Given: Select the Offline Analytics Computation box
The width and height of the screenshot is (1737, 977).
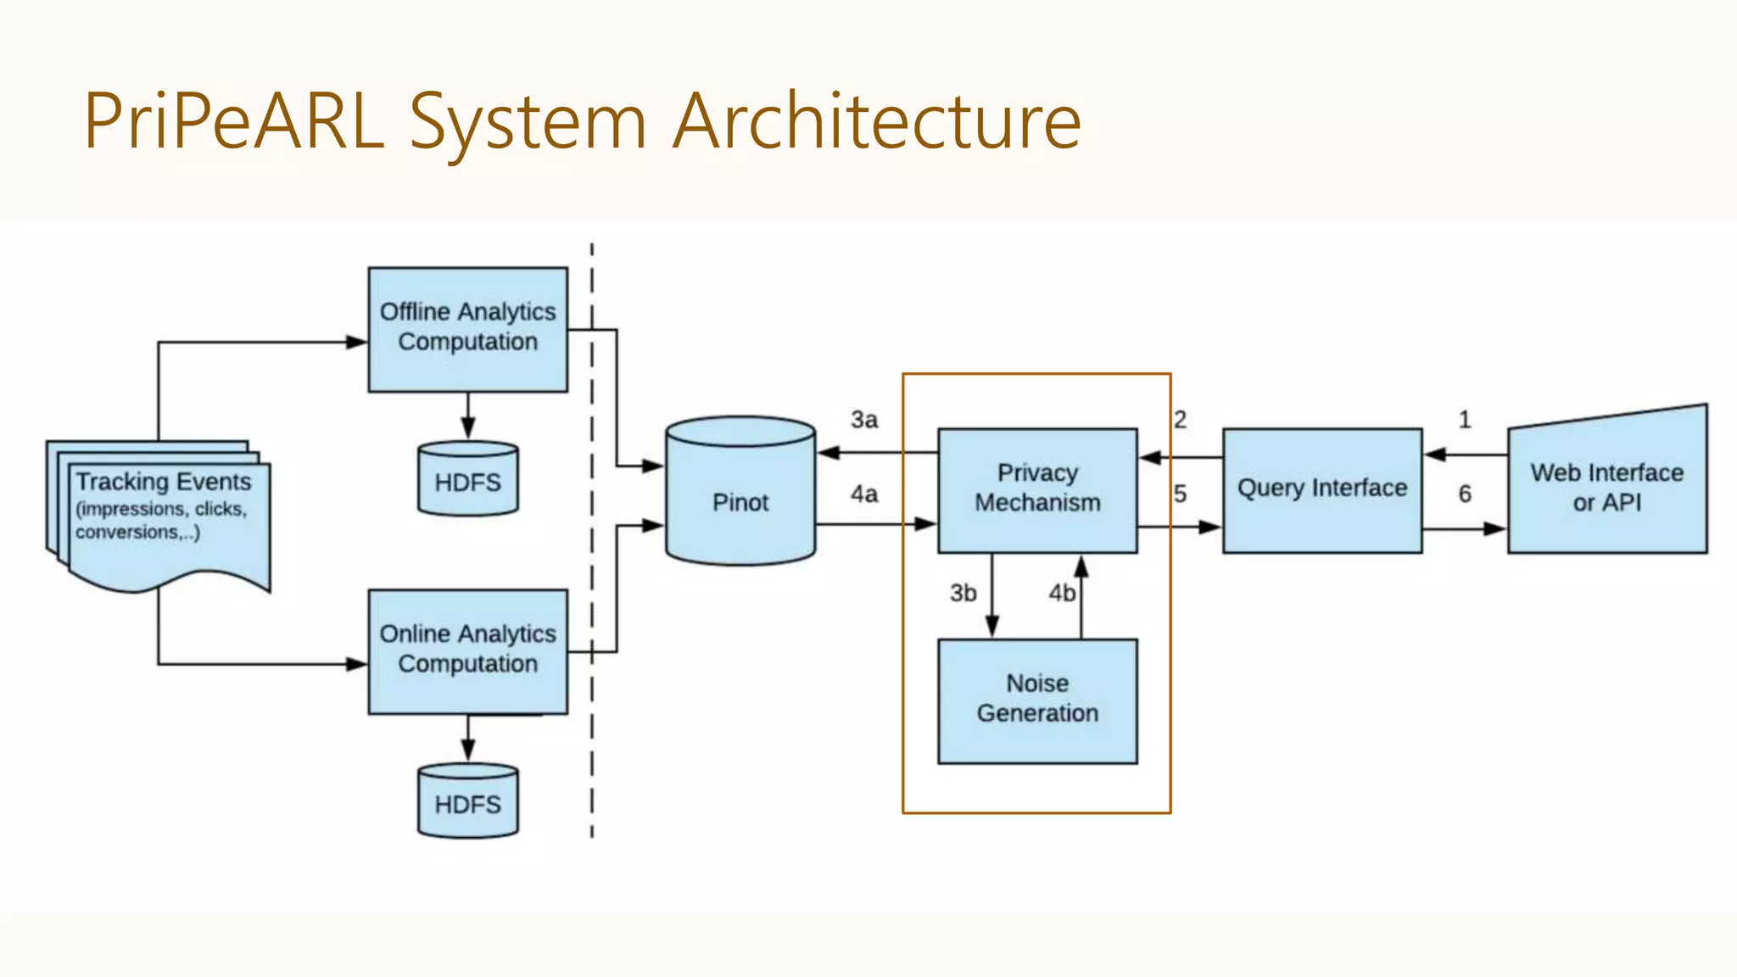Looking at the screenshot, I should click(x=467, y=329).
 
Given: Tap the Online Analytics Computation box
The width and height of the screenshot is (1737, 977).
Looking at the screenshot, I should click(x=467, y=651).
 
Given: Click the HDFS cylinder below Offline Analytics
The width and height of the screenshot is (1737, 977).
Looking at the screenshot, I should click(x=467, y=480).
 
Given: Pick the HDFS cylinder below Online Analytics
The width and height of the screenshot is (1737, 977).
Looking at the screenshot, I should click(x=467, y=801).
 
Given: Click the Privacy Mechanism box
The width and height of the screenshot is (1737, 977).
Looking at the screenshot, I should click(x=1037, y=489).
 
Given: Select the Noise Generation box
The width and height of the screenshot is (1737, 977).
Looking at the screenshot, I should click(x=1037, y=701).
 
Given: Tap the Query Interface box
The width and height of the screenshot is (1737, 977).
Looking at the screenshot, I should click(x=1321, y=489).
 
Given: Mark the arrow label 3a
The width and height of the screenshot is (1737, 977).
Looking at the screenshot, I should click(x=864, y=420).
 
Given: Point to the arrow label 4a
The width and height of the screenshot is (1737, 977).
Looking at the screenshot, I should click(x=864, y=494).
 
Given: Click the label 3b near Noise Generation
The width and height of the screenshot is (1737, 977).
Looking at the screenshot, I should click(x=963, y=593).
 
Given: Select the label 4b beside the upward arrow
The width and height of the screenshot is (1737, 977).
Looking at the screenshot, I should click(x=1061, y=593).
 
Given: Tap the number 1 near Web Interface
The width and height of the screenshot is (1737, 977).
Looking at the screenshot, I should click(x=1465, y=420).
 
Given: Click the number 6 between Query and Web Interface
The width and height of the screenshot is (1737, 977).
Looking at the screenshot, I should click(x=1465, y=494).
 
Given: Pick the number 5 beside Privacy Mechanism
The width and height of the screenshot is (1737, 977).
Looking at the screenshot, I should click(x=1181, y=494).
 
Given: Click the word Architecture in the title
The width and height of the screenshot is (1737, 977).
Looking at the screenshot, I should click(x=877, y=121).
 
